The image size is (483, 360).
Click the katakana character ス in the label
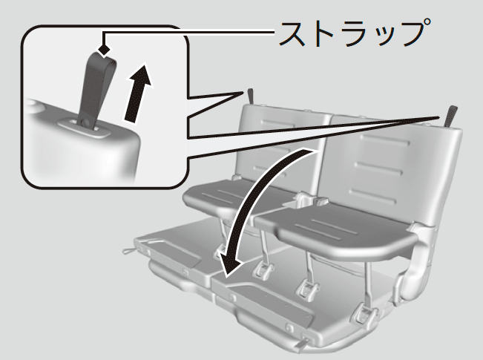tap(293, 34)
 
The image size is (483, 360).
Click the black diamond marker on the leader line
tap(104, 50)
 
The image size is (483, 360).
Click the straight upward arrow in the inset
tap(138, 93)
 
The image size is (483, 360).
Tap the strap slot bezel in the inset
tap(84, 128)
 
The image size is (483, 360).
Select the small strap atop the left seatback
tap(251, 96)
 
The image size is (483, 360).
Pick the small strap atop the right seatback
tap(450, 116)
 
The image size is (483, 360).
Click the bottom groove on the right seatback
tap(372, 196)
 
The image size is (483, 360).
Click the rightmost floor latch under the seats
tap(365, 312)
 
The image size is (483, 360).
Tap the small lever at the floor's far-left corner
tap(129, 251)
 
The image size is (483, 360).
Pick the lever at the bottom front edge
tap(303, 343)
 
